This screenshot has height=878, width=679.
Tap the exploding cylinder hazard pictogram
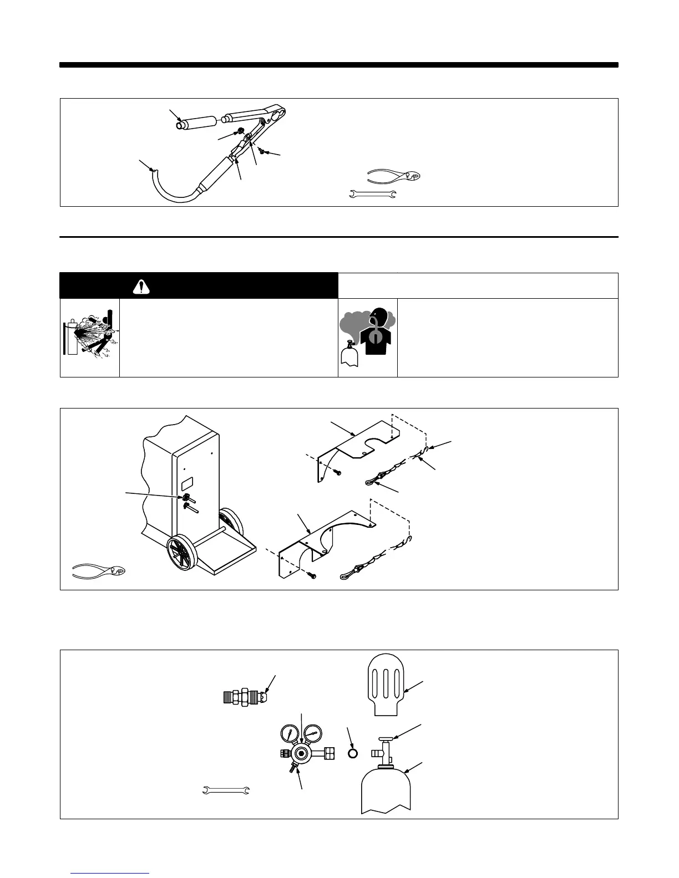pos(90,338)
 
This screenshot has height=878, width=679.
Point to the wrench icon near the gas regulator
pos(227,790)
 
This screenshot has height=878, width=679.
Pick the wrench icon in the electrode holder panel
pos(372,194)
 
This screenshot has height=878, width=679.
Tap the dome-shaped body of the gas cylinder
pos(386,787)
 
